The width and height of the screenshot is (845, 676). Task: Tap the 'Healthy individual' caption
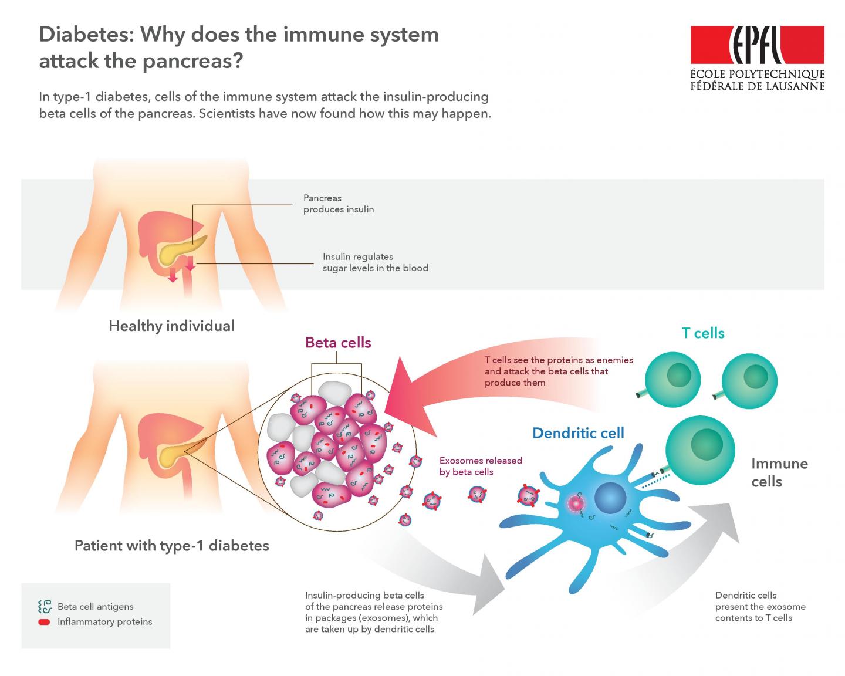point(171,326)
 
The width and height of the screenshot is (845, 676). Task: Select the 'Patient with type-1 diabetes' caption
point(171,545)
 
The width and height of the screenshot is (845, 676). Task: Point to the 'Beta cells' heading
point(338,342)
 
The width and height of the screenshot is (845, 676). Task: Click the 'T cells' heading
point(703,333)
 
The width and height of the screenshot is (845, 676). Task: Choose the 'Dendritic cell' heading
point(578,433)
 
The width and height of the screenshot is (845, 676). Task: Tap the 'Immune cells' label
point(779,472)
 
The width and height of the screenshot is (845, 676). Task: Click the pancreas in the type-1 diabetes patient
point(176,453)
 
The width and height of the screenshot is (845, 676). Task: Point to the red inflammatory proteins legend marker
point(44,622)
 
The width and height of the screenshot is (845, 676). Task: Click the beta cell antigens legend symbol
point(45,607)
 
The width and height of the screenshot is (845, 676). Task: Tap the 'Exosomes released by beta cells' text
point(481,466)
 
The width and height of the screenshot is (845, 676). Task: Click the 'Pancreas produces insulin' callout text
point(338,204)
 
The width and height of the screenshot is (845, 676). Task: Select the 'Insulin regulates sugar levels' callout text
point(375,262)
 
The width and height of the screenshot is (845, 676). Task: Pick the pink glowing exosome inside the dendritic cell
point(576,503)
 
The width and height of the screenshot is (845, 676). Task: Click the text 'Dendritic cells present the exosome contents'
point(760,606)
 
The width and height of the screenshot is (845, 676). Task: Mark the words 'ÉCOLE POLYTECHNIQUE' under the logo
point(757,75)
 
